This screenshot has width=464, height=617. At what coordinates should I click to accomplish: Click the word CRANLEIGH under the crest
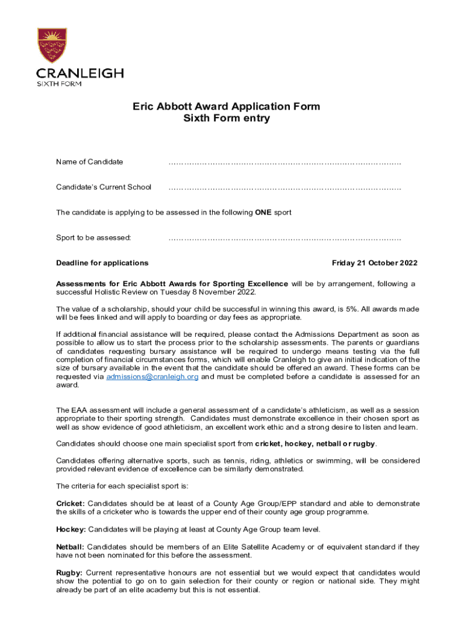[x=80, y=74]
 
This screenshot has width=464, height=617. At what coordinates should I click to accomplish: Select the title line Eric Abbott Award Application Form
[x=226, y=107]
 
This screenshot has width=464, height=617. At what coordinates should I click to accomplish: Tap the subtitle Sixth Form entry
[x=226, y=118]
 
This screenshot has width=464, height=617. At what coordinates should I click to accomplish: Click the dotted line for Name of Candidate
[x=284, y=162]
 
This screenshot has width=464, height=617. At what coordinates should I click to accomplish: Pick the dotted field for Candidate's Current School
[x=284, y=187]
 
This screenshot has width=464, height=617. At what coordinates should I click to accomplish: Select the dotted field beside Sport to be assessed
[x=284, y=238]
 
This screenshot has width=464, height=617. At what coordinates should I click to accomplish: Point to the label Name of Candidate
[x=89, y=161]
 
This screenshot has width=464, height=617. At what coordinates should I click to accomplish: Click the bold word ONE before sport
[x=263, y=213]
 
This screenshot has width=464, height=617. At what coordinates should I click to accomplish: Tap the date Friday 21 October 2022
[x=374, y=263]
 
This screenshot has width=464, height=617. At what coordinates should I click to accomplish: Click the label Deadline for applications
[x=102, y=263]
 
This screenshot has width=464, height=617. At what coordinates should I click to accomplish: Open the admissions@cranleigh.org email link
[x=152, y=377]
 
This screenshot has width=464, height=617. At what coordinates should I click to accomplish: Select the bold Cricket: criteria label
[x=71, y=503]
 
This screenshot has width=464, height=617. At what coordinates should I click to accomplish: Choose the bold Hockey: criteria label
[x=71, y=529]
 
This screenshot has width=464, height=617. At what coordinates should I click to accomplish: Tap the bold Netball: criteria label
[x=71, y=547]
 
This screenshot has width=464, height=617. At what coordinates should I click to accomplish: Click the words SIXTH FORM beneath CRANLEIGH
[x=59, y=84]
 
